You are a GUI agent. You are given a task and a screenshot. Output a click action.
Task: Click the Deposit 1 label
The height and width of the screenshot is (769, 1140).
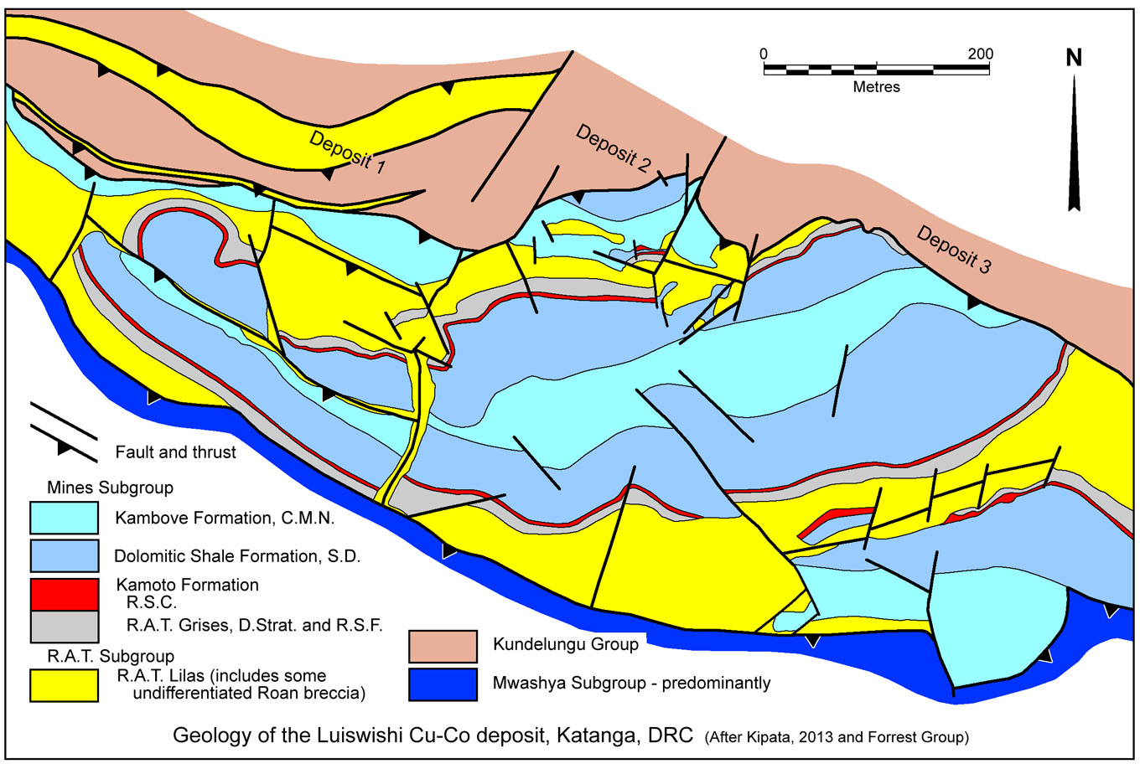[x=347, y=152]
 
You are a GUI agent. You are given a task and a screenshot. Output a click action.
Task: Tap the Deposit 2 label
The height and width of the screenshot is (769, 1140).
[x=613, y=148]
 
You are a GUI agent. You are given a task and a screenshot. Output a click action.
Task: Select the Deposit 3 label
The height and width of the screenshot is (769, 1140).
[x=954, y=250]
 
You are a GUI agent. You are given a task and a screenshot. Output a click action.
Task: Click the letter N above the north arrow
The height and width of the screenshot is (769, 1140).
[x=1074, y=58]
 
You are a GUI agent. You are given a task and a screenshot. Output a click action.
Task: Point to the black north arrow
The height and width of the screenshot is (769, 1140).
[x=1074, y=142]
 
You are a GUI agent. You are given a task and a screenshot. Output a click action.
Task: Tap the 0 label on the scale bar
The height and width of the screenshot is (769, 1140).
[x=764, y=54]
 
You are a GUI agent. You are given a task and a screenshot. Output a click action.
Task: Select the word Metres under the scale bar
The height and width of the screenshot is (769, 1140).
[x=876, y=86]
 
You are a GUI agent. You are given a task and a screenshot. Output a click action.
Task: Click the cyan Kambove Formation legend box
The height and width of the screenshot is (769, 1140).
[x=64, y=518]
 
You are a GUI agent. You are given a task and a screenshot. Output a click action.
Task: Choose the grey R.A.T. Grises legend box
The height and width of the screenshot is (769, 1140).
[x=64, y=625]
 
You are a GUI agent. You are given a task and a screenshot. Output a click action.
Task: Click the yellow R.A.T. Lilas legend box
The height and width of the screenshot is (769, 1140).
[x=64, y=684]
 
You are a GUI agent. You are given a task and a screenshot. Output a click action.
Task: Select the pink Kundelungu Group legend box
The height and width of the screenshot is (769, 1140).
[x=443, y=646]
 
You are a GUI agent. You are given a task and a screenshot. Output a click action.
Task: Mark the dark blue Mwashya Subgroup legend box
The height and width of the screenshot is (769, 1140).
[x=443, y=684]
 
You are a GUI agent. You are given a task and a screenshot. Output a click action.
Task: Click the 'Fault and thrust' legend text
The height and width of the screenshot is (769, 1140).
[x=176, y=452]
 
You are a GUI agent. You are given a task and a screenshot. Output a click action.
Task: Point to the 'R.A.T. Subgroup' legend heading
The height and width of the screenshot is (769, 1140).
[x=102, y=656]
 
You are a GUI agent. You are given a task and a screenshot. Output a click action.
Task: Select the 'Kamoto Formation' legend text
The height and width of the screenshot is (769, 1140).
[x=187, y=585]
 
